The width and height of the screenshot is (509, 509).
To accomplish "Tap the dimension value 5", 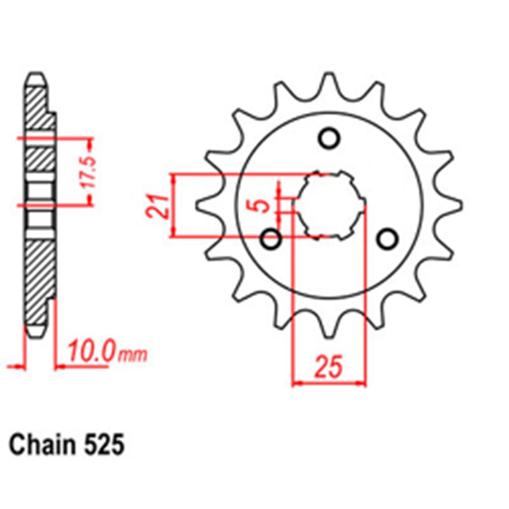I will point(263,206).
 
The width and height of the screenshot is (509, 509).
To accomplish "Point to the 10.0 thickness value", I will point(90,352).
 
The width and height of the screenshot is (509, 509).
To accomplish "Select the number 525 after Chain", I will point(104,445).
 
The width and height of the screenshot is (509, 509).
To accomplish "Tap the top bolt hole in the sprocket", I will point(329,137).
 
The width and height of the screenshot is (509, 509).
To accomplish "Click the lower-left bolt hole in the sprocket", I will point(271,238).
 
